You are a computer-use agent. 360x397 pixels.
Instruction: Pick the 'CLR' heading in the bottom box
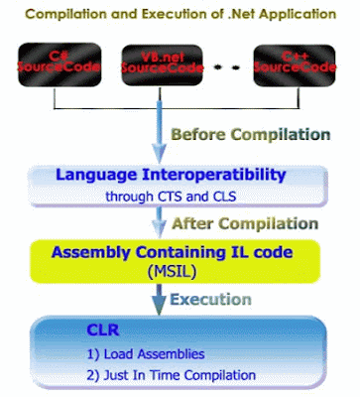[x=101, y=331]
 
